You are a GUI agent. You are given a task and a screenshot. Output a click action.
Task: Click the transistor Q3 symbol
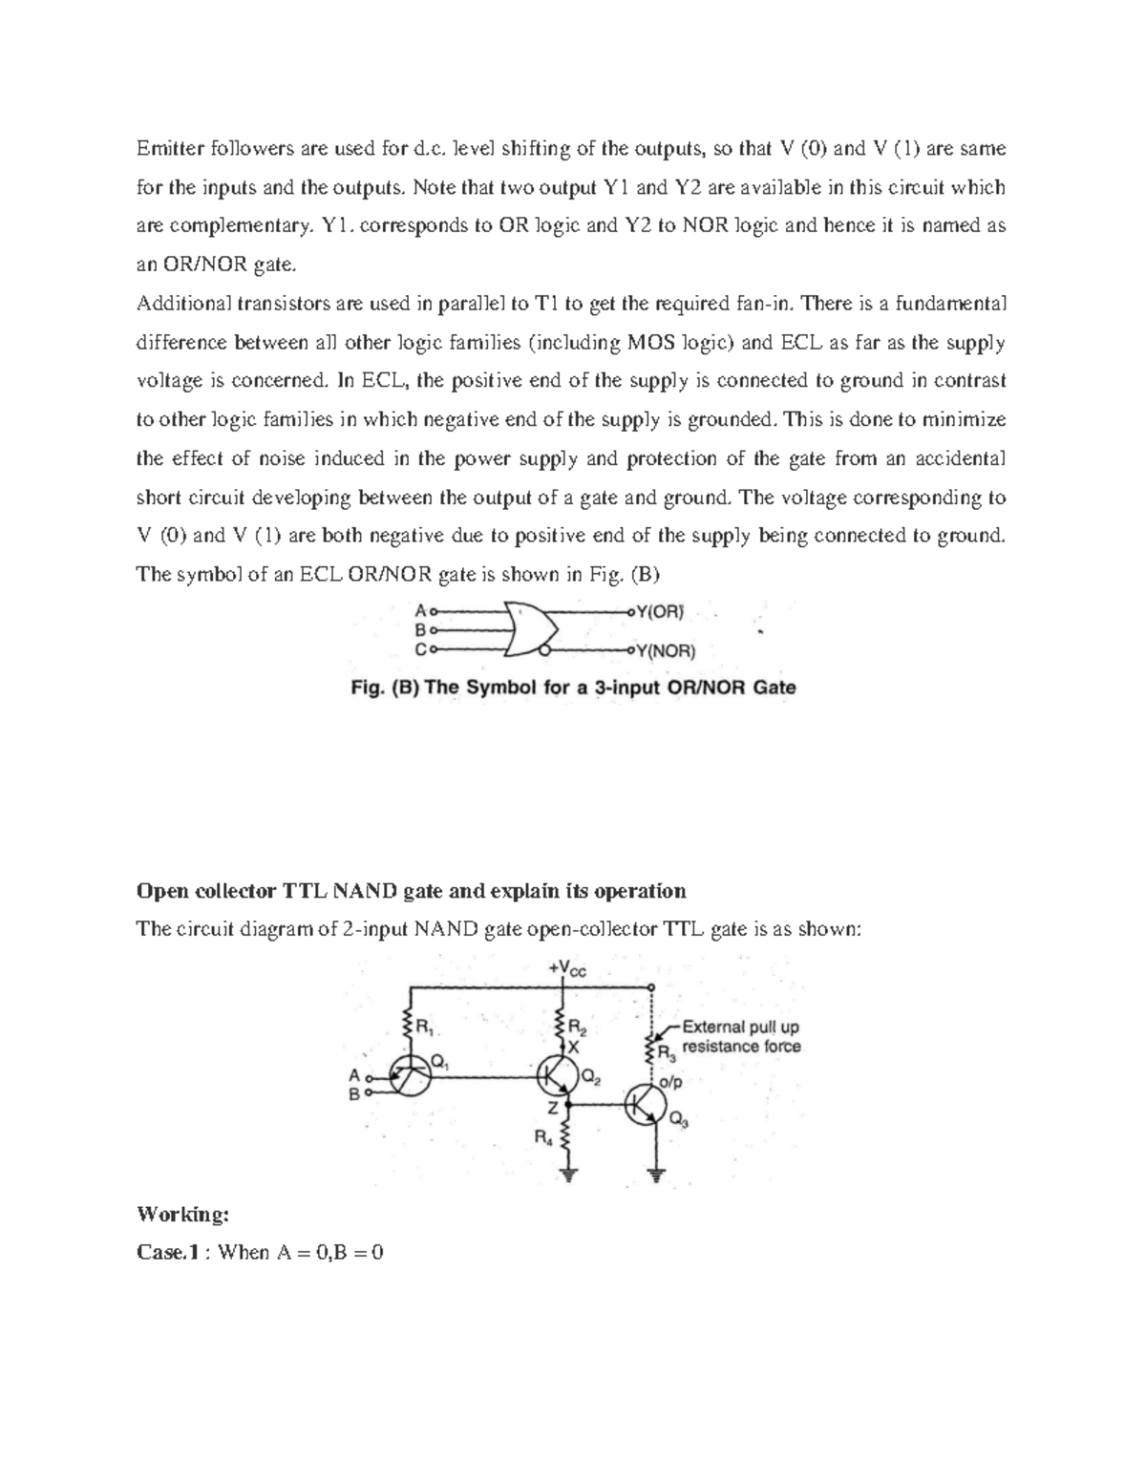646,1106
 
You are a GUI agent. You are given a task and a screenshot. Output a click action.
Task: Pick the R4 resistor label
541,1137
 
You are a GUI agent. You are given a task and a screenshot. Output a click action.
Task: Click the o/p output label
671,1083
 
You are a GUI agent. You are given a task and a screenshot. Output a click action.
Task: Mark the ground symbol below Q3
656,1175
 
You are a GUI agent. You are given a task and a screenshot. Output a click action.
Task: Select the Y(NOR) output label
666,652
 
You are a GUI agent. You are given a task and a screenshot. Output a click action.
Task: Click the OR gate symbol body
529,629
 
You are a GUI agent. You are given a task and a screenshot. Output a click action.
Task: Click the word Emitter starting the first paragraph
168,149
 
